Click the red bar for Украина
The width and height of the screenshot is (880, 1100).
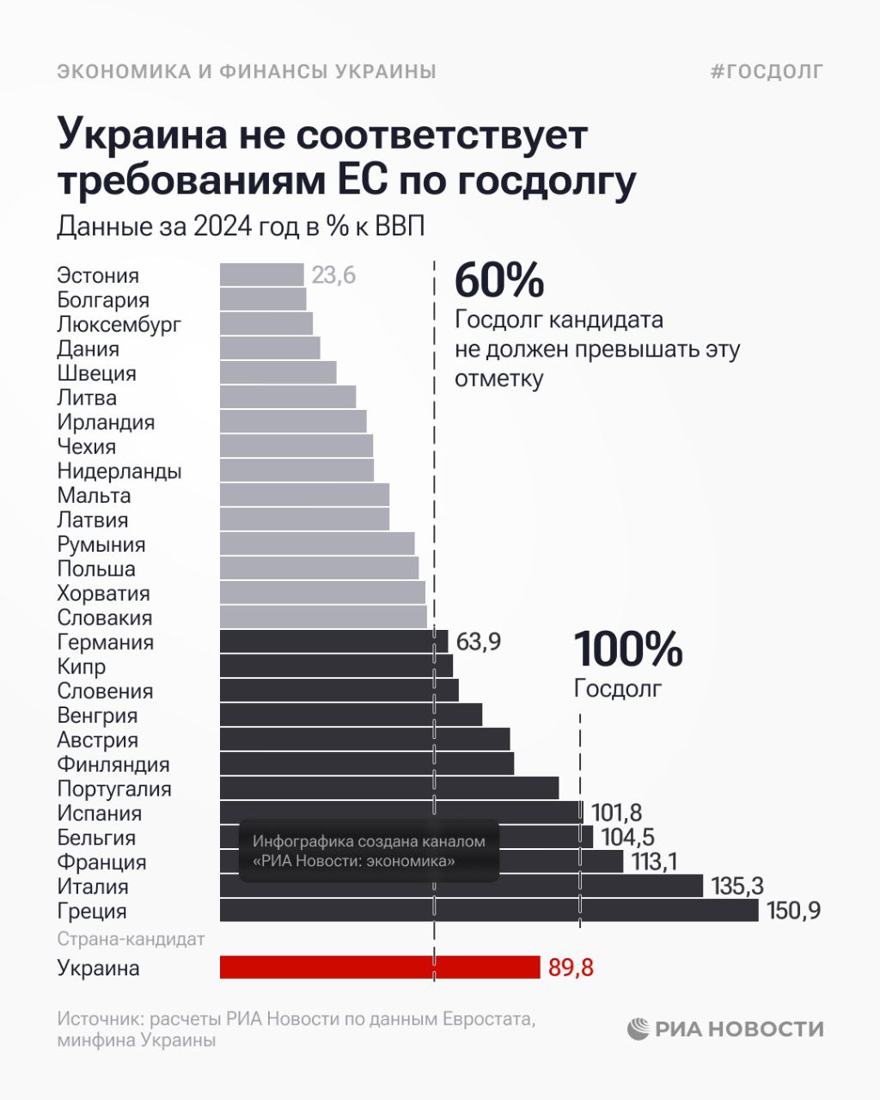(379, 968)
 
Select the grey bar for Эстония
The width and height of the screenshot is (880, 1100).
(261, 275)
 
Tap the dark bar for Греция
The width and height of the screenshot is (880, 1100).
(488, 911)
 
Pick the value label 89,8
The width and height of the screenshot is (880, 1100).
(571, 969)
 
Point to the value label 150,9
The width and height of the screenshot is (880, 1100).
(793, 911)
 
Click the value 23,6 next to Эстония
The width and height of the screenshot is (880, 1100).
(333, 276)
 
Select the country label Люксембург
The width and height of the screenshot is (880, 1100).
(119, 325)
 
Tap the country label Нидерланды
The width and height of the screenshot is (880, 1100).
(119, 471)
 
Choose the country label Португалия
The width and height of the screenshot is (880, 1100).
(114, 789)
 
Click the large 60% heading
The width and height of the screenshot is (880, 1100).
(499, 280)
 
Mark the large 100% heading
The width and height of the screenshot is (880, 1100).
(627, 649)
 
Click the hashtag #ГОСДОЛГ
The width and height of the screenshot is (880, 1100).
(767, 71)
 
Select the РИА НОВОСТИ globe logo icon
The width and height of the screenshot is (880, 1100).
(638, 1029)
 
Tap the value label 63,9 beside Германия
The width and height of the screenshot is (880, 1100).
(479, 642)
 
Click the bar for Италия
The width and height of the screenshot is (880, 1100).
(461, 886)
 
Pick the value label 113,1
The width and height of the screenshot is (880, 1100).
(654, 862)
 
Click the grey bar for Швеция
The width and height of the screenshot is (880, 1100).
(278, 373)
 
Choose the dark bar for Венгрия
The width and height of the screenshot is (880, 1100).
(351, 715)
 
